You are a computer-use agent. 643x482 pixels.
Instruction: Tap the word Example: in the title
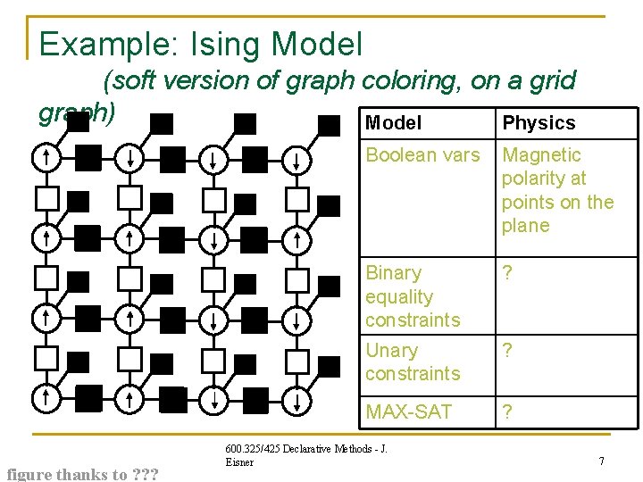tap(96, 44)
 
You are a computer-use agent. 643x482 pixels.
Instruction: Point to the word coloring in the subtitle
tap(403, 81)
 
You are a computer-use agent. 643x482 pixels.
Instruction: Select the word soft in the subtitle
tap(134, 81)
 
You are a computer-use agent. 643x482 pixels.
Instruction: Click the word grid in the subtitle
tap(555, 81)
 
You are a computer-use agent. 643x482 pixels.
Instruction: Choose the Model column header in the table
tap(394, 123)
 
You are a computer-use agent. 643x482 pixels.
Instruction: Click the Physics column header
tap(539, 123)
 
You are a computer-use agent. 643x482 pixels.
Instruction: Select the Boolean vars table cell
tap(422, 155)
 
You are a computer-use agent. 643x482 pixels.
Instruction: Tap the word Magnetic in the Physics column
tap(541, 155)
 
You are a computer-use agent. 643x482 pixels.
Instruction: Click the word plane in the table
tap(525, 226)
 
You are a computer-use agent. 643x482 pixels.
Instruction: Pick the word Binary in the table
tap(393, 273)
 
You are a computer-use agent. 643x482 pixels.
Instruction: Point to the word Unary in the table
tap(391, 351)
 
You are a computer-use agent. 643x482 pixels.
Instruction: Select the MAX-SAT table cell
tap(408, 412)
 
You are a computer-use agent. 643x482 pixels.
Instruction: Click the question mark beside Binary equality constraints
tap(508, 273)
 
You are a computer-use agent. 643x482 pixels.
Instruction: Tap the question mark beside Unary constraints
tap(508, 351)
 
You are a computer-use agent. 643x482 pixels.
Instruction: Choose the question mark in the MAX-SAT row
tap(508, 412)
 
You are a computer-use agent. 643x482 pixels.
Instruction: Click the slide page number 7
tap(602, 461)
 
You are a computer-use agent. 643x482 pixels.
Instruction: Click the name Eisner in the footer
tap(239, 462)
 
